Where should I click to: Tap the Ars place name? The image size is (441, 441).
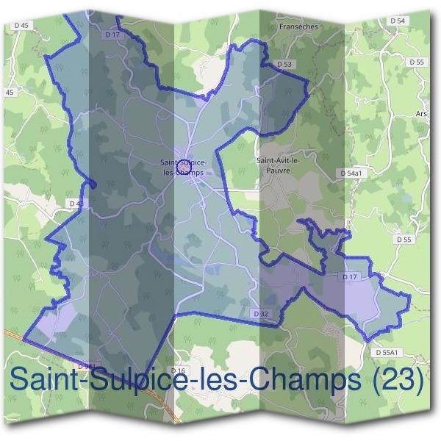[420, 115]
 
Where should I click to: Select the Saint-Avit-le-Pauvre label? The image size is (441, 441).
[273, 163]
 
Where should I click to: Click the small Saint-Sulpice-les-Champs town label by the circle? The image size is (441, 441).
[184, 168]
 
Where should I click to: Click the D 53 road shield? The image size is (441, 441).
[285, 65]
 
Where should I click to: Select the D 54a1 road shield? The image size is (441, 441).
[353, 173]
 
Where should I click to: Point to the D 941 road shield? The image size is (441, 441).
[86, 365]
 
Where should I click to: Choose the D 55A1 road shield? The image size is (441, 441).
[386, 353]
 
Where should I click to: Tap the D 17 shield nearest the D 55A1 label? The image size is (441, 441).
[349, 277]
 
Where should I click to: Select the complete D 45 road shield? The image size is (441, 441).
[21, 25]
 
